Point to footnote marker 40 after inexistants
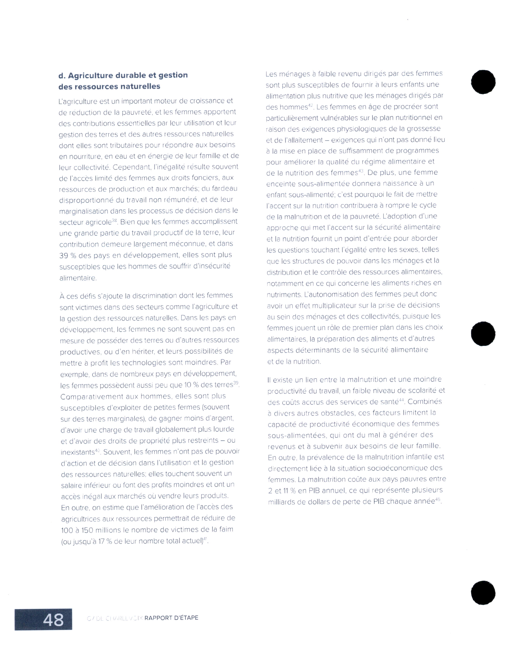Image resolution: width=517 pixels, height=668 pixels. click(x=97, y=450)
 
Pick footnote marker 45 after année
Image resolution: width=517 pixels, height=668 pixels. click(x=438, y=499)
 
